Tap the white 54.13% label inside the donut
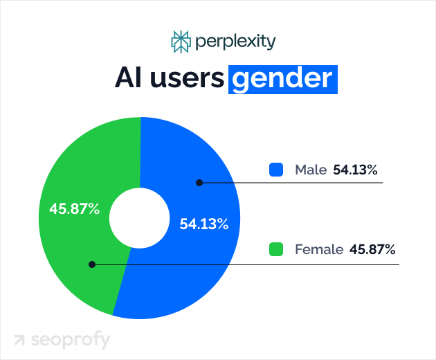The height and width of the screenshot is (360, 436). tap(204, 224)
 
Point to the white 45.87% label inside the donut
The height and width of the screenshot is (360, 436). tap(74, 208)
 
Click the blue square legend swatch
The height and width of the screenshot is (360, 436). tap(276, 170)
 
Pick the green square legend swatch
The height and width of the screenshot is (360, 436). tap(276, 249)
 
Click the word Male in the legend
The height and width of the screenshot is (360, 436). tap(310, 170)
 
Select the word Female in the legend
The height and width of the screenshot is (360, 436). tap(319, 249)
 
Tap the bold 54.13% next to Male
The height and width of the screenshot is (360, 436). tap(355, 170)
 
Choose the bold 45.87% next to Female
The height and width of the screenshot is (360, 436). tap(373, 249)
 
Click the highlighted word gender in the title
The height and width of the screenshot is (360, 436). tap(282, 79)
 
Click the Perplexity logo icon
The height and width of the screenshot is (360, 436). tap(180, 42)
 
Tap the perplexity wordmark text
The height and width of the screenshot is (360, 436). tap(235, 42)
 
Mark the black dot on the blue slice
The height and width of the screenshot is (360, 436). tap(199, 183)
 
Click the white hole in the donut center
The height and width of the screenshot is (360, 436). tap(139, 219)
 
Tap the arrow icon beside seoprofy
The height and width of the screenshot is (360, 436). tap(19, 341)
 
